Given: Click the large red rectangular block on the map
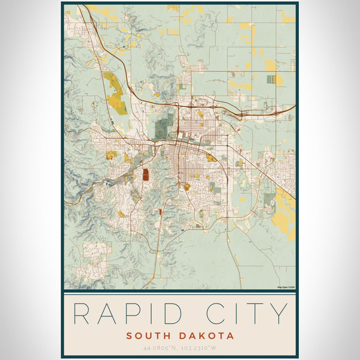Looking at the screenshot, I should (145, 175).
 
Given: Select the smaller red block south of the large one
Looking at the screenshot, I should (160, 212).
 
